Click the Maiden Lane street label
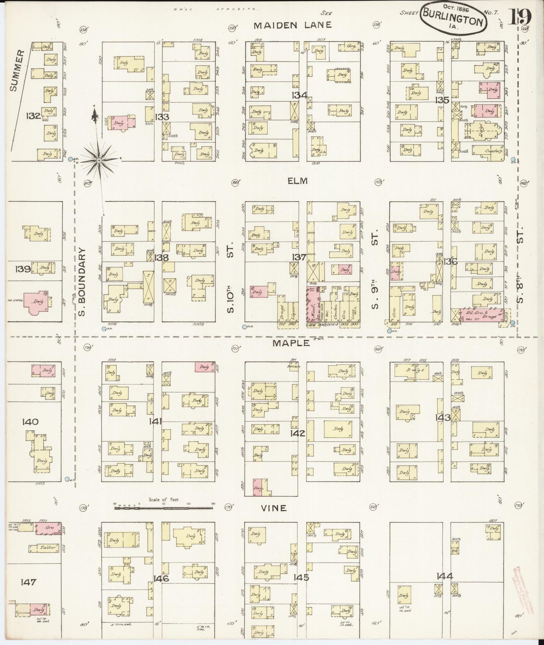[292, 25]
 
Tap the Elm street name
[297, 181]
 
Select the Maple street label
[291, 343]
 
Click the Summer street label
[15, 71]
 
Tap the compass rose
[99, 161]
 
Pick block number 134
[299, 95]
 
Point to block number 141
[155, 421]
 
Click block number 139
[23, 269]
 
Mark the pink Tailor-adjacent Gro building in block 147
[48, 528]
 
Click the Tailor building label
[44, 548]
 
